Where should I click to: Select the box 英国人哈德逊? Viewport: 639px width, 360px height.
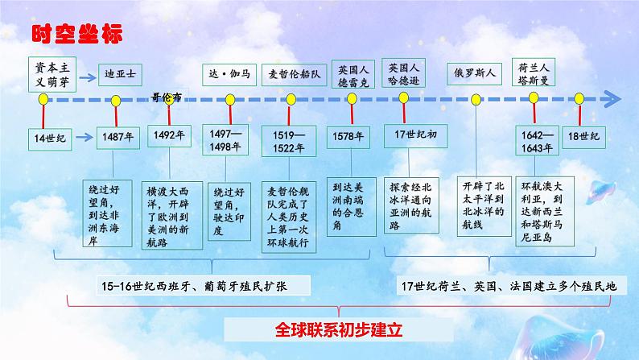click(403, 73)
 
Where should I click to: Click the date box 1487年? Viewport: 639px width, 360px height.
click(117, 137)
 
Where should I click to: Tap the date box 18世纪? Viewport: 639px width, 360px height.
click(580, 136)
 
